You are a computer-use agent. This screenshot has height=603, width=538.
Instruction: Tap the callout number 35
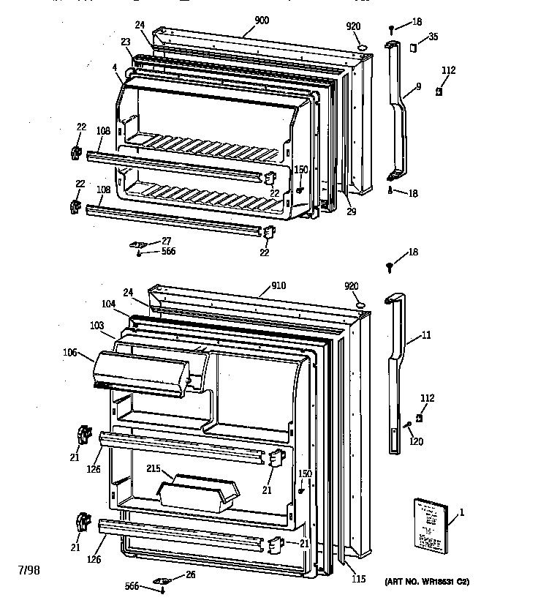pyautogui.click(x=433, y=37)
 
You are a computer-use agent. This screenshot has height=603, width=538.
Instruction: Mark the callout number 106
pyautogui.click(x=70, y=352)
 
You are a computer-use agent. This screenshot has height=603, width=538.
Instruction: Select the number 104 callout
pyautogui.click(x=108, y=302)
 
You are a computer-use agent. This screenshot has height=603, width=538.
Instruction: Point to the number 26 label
pyautogui.click(x=191, y=574)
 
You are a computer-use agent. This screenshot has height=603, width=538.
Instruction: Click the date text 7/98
pyautogui.click(x=29, y=569)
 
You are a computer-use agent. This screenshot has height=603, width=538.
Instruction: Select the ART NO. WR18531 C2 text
pyautogui.click(x=427, y=582)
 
